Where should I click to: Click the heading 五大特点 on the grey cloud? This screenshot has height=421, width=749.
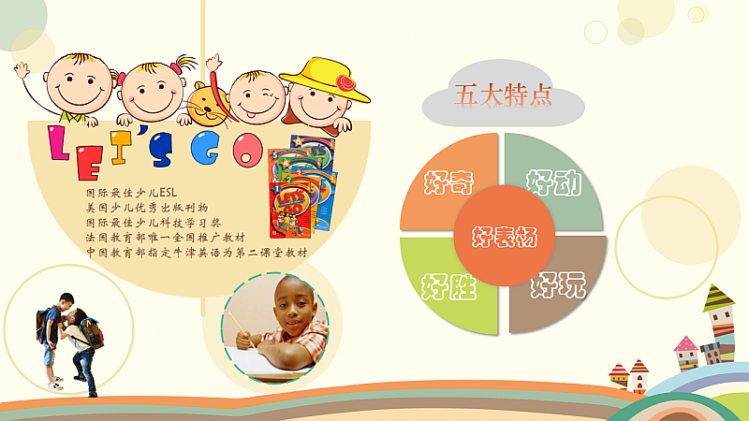(503, 95)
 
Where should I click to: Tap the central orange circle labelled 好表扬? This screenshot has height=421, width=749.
(504, 236)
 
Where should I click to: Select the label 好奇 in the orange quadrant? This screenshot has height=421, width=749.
(448, 181)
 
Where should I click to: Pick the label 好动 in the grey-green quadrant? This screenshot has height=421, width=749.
(554, 182)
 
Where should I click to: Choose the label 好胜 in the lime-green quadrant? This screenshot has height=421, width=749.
(448, 286)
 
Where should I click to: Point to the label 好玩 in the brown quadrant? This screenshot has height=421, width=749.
(558, 285)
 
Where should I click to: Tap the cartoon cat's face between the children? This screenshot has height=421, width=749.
(208, 104)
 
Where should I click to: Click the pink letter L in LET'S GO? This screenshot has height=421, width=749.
(58, 143)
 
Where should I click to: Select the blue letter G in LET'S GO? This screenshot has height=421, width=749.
(205, 148)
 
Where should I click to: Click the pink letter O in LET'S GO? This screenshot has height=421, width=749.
(248, 150)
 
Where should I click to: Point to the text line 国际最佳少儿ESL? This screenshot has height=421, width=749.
(131, 193)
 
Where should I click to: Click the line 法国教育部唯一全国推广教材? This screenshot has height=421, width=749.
(166, 238)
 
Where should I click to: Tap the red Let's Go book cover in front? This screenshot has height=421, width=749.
(290, 210)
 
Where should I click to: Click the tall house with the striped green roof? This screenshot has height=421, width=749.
(719, 323)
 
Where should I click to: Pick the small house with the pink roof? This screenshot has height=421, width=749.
(686, 354)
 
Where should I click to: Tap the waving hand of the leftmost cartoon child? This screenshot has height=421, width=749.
(21, 69)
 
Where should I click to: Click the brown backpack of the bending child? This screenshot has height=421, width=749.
(92, 333)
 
